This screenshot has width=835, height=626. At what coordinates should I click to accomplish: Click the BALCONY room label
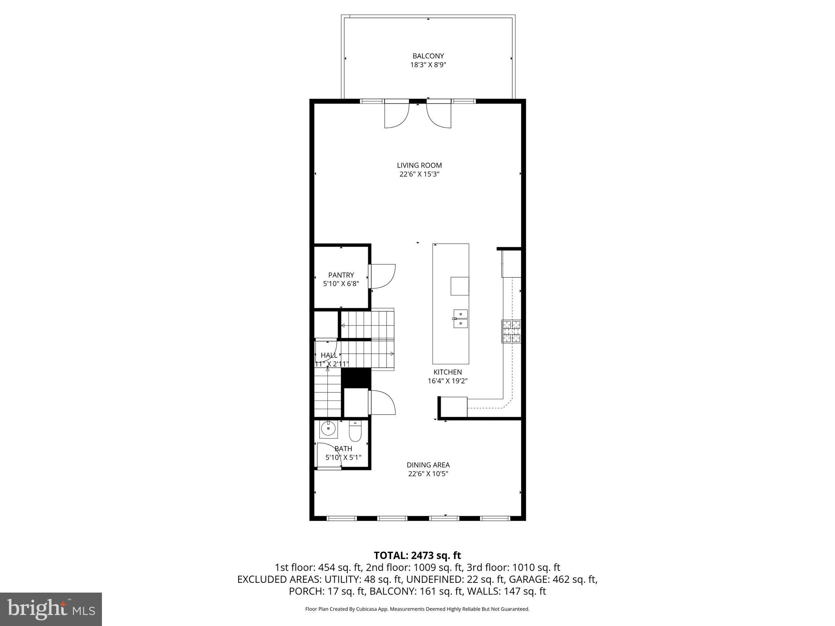pos(428,56)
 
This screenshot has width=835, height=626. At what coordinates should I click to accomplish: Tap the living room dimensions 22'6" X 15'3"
pos(419,174)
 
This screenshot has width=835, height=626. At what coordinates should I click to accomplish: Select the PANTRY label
pos(341,275)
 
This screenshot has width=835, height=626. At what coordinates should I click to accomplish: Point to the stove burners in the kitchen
pos(511,331)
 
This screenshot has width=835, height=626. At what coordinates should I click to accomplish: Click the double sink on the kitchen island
pos(460,318)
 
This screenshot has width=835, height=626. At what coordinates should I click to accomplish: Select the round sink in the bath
pos(328,429)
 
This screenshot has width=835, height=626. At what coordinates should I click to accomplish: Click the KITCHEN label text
pos(447,372)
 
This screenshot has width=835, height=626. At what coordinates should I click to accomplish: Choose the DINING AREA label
pos(428,465)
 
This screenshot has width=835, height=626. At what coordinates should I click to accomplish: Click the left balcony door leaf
pos(396,114)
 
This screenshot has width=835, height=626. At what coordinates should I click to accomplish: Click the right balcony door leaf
pos(439,114)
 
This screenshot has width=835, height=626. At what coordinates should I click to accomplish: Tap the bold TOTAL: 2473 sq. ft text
pos(417,555)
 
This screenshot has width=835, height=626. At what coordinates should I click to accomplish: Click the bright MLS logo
pos(51,609)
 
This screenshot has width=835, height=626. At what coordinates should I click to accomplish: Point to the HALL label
pos(329,355)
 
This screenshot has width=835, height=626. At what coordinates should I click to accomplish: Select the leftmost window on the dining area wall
pos(342,518)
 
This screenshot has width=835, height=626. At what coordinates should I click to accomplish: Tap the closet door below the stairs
pos(382,403)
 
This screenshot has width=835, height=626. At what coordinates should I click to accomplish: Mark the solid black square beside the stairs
pos(356,377)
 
